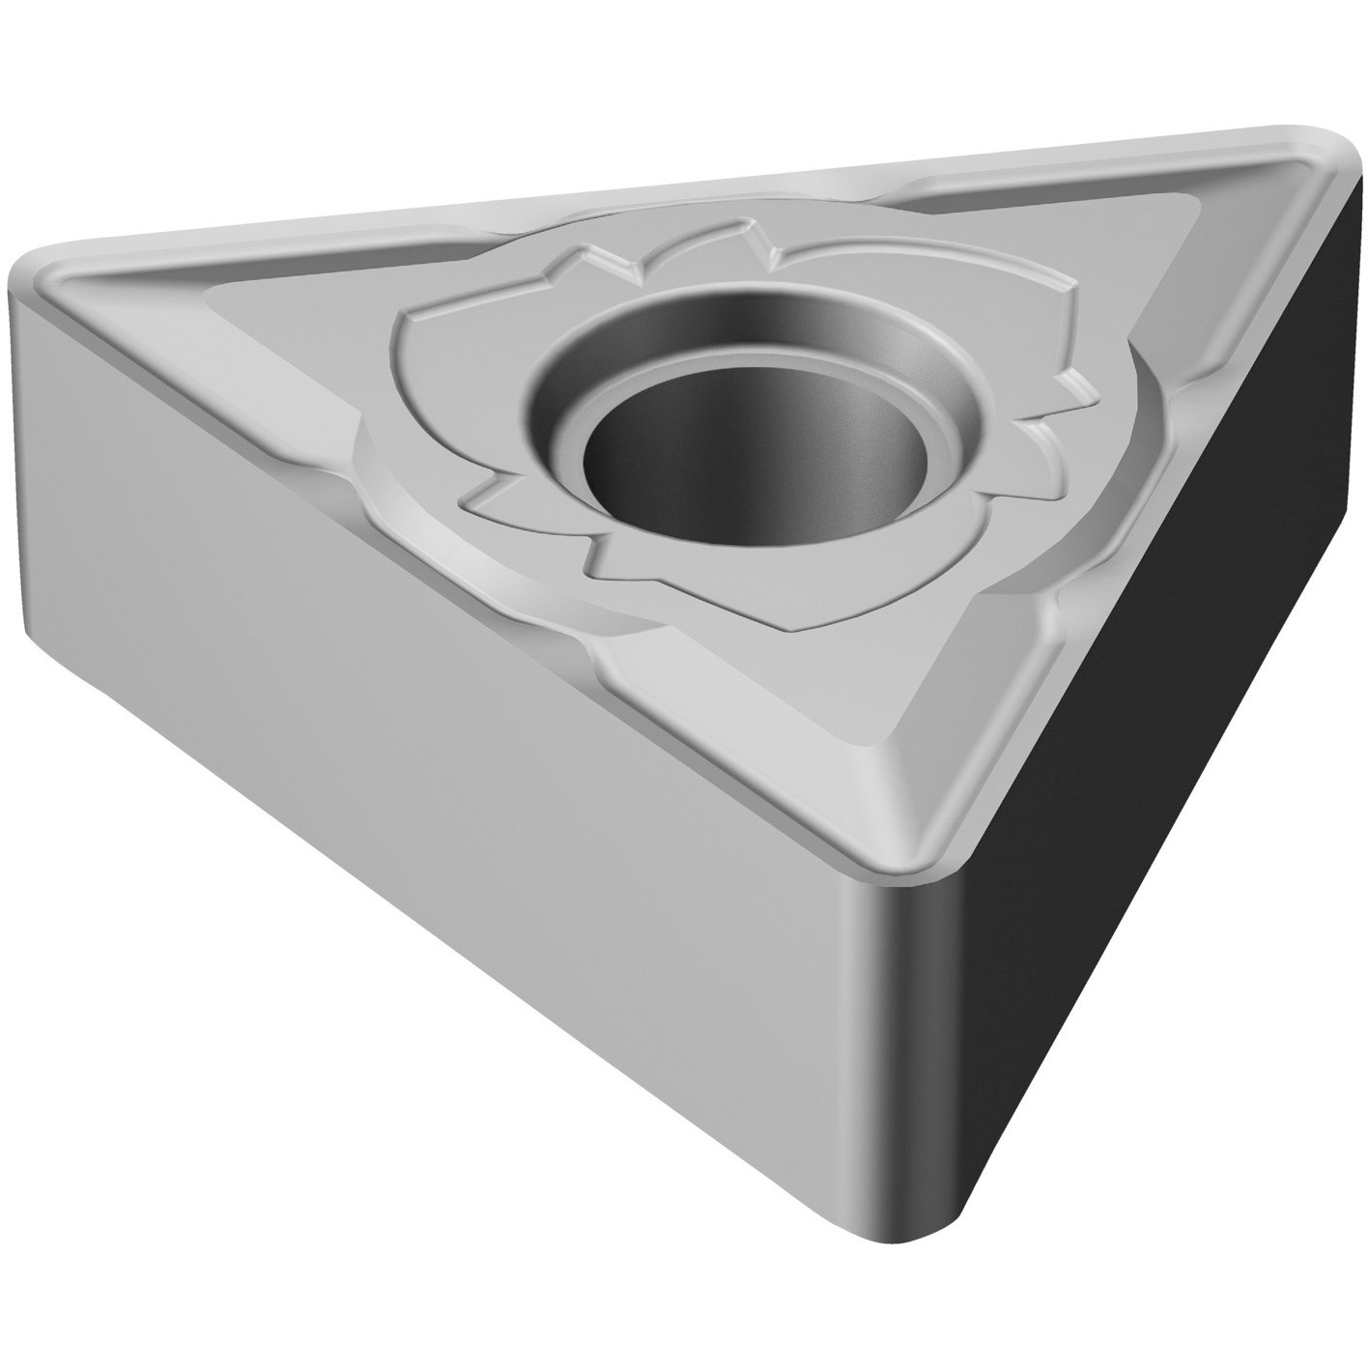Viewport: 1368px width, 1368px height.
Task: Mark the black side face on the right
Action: pyautogui.click(x=1159, y=676)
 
